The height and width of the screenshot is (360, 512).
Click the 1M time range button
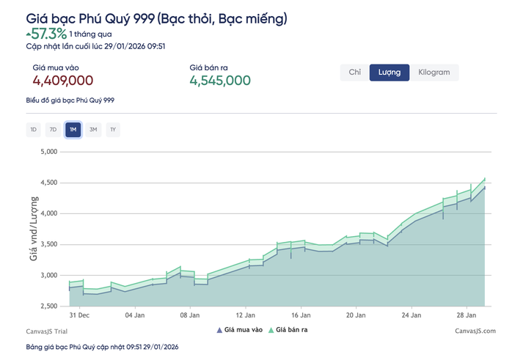(x=73, y=130)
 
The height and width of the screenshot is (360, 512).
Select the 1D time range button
(x=33, y=130)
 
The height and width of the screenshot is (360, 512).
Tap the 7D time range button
(x=53, y=130)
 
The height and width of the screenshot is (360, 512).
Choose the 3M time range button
(x=93, y=130)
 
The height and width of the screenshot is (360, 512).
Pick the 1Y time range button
(x=113, y=130)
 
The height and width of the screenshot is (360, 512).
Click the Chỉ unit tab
(x=355, y=72)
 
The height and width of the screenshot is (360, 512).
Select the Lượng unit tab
(x=390, y=72)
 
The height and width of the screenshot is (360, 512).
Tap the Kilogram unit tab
(x=434, y=72)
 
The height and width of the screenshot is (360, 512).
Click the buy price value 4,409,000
(x=62, y=81)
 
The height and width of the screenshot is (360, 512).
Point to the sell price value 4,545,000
(x=220, y=81)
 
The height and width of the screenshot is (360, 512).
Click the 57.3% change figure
(x=48, y=34)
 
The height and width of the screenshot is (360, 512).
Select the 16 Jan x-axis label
(x=300, y=315)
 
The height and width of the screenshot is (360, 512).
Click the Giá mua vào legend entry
(x=239, y=331)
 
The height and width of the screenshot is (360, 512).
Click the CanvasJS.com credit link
(x=475, y=331)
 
